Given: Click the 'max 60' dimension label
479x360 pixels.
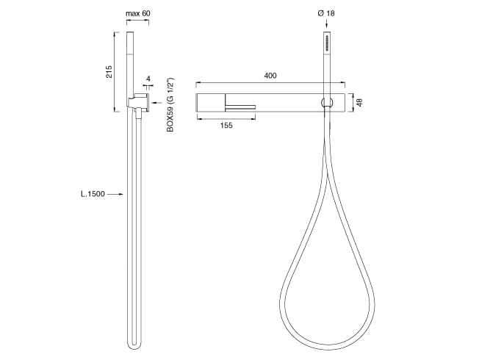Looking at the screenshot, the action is click(138, 13).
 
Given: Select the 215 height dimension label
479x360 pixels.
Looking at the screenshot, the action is click(109, 71).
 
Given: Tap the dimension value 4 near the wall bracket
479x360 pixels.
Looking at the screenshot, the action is click(148, 79).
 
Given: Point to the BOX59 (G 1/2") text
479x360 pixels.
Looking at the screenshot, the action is click(170, 105).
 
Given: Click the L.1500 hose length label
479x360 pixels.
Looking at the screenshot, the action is click(93, 194).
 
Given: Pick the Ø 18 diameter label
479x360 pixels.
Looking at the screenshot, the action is click(326, 13).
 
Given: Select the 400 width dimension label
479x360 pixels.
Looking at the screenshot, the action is click(270, 76).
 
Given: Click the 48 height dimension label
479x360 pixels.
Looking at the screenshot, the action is click(359, 102).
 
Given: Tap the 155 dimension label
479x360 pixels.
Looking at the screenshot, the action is click(226, 126).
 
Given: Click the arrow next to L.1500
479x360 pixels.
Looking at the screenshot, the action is click(116, 194).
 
